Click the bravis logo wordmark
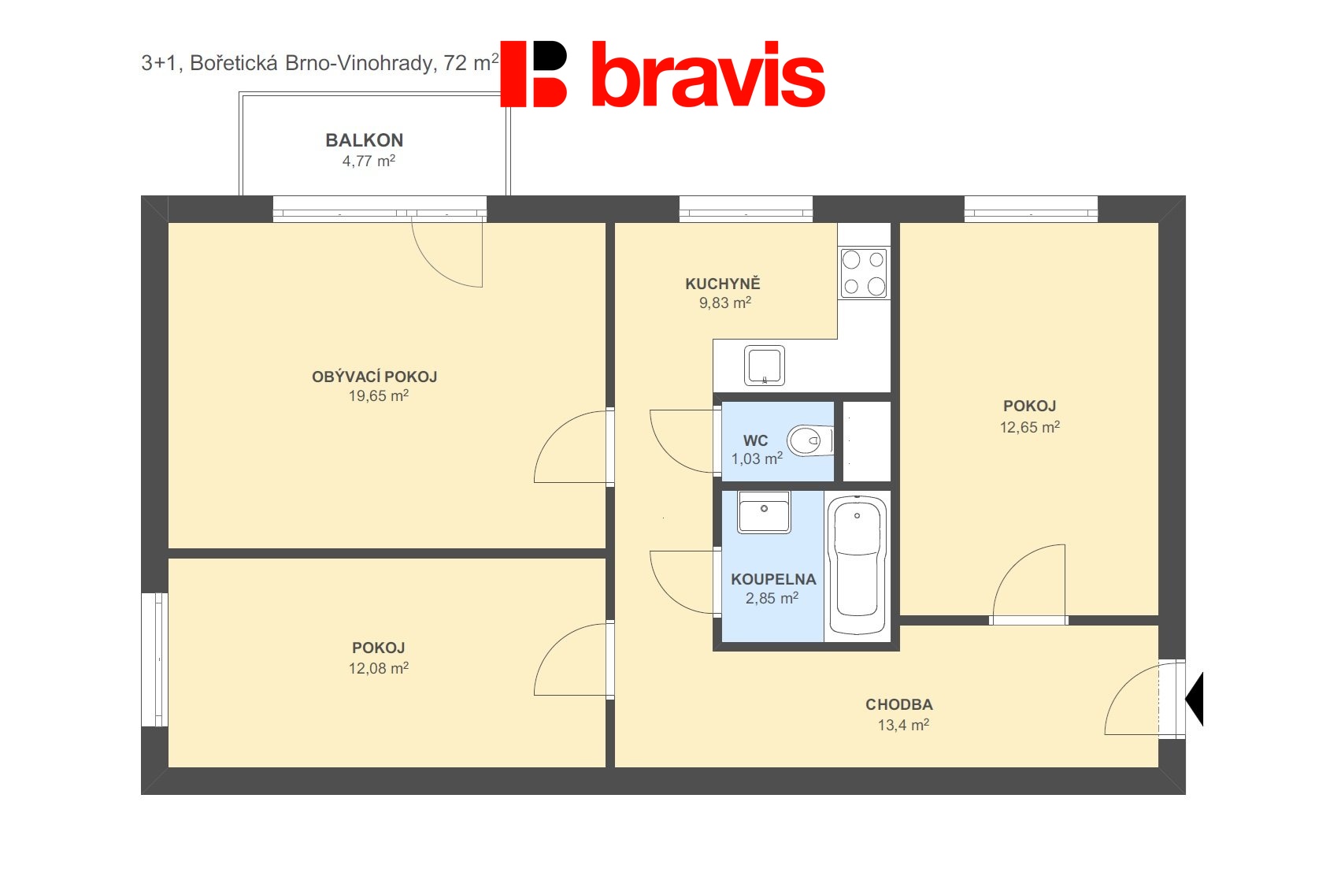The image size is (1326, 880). point(708,74)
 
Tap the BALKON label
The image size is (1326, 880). point(365,140)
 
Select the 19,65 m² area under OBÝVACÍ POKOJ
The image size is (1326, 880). point(379,395)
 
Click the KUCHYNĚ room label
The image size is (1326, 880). point(723,284)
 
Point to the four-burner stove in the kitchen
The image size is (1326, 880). point(865,273)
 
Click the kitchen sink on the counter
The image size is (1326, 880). point(765,366)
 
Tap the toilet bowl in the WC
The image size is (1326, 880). point(809,440)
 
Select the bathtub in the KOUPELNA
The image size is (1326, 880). point(857,566)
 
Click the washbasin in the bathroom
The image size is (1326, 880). point(765,512)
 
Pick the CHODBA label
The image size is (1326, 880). point(899,705)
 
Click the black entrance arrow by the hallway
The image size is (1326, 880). point(1195,699)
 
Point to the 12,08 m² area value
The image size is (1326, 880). point(379,669)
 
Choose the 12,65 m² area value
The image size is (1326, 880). point(1030,427)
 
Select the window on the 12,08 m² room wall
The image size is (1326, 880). point(154,659)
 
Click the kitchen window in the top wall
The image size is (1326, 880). point(746,209)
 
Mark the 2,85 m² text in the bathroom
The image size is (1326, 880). point(772,598)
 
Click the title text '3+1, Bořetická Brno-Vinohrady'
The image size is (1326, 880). point(287,63)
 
